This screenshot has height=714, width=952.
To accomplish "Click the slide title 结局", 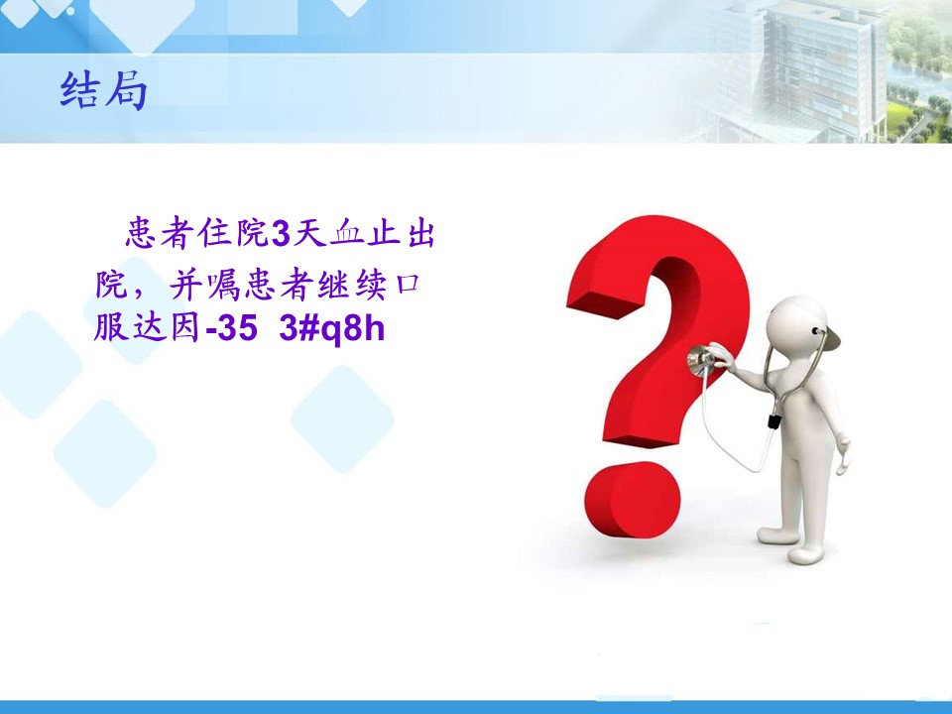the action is pos(104,91).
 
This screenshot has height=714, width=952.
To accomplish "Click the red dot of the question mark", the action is pos(632,499).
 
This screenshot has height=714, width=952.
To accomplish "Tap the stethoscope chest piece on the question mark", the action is pos(701,360).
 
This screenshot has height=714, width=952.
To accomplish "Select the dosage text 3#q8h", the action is pos(332,328).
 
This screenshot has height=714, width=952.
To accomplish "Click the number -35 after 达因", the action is pos(231,328).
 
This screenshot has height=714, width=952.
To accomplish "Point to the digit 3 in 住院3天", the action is pos(280,234).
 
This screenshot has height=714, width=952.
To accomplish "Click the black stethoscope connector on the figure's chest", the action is pos(773,420).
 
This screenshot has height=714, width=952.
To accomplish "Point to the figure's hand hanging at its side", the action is pos(843,452).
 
